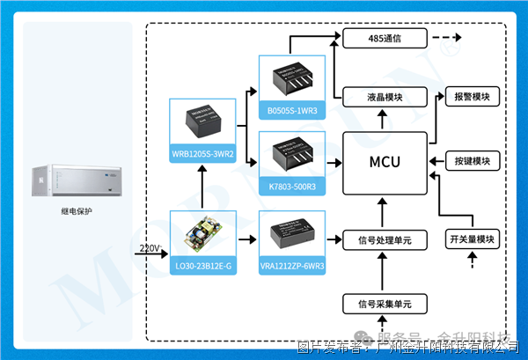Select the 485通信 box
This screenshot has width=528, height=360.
(385, 39)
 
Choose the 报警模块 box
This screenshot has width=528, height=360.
(473, 95)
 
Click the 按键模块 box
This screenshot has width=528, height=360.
(473, 161)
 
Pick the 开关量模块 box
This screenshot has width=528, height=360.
(473, 239)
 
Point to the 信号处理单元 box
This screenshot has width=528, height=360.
(385, 239)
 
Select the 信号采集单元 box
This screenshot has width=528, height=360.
(385, 304)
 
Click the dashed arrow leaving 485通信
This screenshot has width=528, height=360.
(447, 39)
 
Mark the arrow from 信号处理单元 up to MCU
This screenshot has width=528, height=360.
(385, 212)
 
